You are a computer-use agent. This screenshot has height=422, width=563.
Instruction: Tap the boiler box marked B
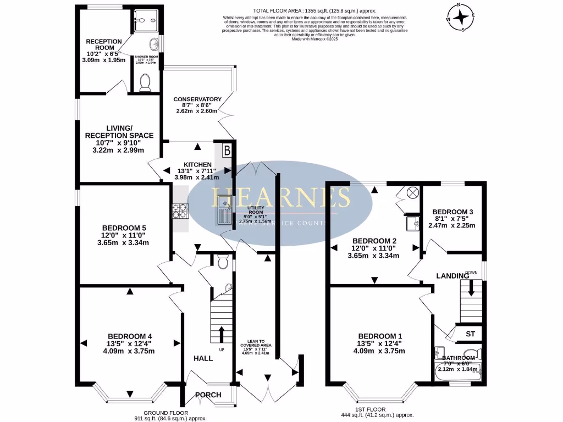coord(227,150)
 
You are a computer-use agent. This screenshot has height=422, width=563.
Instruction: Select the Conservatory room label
coord(197,99)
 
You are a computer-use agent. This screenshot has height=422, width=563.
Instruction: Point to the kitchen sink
coord(224,210)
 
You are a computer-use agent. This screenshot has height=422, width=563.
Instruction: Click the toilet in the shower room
coord(146,82)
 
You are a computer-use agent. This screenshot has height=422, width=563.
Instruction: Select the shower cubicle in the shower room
coord(146,20)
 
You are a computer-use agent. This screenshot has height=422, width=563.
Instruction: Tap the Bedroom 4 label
coord(130,336)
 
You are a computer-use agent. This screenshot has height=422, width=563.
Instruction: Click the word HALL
coord(203,358)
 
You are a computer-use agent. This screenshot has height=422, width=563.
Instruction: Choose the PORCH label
coord(208,395)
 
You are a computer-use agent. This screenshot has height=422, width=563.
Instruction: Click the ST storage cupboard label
coord(470,334)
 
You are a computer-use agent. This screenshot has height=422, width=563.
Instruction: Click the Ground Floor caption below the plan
coord(166,413)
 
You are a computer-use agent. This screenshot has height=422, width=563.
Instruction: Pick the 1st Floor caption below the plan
coord(378,409)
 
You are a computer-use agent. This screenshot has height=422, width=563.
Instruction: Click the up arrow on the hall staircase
coord(222,333)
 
